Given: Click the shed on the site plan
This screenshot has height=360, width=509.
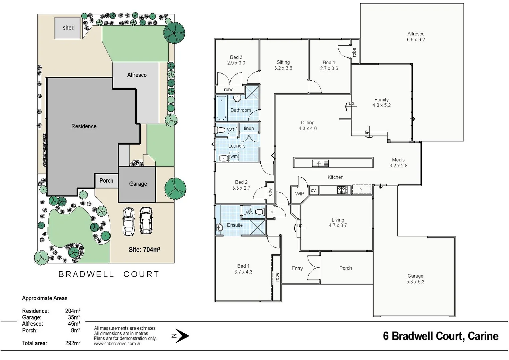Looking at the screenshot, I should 68,28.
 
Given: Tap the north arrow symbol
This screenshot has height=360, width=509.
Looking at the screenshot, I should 182,336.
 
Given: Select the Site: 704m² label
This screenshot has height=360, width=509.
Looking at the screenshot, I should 144,250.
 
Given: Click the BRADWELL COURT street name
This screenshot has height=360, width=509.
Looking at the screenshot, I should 109,274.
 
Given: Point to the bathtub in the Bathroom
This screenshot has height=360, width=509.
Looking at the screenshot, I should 221,108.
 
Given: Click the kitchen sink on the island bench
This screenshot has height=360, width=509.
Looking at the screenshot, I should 320,163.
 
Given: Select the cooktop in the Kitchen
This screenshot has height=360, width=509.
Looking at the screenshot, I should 342,190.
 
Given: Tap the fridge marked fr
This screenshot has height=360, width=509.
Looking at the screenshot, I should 361,190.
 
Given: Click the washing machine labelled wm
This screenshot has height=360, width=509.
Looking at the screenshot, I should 234,156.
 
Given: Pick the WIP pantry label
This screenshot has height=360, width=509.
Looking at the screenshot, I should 299,194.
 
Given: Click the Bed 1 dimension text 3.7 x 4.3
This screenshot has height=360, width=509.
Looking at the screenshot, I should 243,272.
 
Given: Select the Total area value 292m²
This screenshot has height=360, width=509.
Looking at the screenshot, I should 73,343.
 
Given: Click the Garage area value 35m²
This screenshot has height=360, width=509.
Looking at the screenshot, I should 74,317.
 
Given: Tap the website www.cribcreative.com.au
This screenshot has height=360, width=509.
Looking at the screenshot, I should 118,344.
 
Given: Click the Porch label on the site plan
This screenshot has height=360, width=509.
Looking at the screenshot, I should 106,181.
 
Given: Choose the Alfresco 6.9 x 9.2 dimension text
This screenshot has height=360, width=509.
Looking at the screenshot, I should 416,40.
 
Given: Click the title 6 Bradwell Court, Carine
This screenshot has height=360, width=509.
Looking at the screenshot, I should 441,336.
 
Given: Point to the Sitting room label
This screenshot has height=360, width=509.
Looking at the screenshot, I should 283,62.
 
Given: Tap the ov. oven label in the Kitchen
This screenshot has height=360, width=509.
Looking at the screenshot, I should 313,190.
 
